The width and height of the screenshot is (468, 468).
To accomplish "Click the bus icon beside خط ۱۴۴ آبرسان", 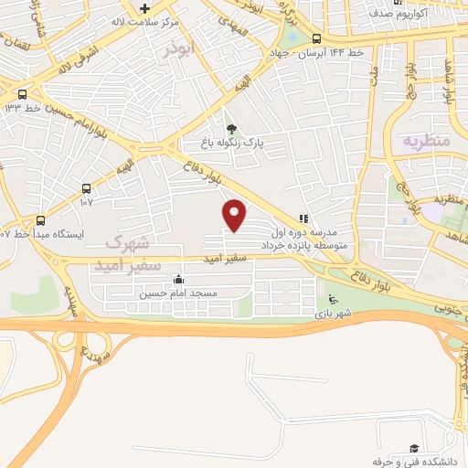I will (x=317, y=38).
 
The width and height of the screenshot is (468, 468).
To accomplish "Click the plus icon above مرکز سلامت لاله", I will (x=144, y=7).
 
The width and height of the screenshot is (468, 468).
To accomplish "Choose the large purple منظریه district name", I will (x=425, y=142).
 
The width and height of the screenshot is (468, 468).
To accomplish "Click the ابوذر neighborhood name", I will (x=179, y=50).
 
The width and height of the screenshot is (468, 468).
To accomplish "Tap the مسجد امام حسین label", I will (x=176, y=293).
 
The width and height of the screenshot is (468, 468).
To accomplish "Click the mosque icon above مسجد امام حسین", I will (x=177, y=280).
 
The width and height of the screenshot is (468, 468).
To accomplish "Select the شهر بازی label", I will (x=335, y=313).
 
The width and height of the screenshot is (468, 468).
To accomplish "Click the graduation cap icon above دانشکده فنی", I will (x=414, y=448).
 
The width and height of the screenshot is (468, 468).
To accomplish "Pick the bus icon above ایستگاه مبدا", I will (x=40, y=220).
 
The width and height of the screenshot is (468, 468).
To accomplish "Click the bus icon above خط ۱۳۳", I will (x=22, y=93).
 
